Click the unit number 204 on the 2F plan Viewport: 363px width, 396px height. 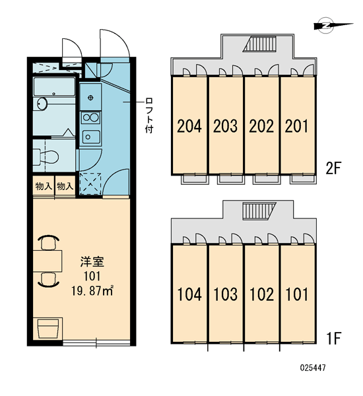[x=189, y=126]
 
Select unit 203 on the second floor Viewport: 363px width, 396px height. [x=225, y=126]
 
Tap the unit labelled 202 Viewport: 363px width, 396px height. [x=261, y=126]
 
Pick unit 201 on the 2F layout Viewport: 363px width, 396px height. [x=296, y=126]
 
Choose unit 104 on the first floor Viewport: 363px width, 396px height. [x=189, y=294]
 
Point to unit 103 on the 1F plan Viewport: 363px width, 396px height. [x=225, y=294]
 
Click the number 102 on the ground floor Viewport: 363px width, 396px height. [x=261, y=294]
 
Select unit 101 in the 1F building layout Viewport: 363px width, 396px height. [x=296, y=294]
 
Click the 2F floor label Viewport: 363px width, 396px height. [x=333, y=168]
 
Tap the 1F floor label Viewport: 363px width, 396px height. [x=334, y=339]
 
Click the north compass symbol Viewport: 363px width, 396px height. [x=329, y=25]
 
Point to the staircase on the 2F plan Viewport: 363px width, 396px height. [x=259, y=44]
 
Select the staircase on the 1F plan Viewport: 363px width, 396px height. [x=259, y=211]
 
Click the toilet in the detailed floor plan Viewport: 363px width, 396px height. [x=46, y=156]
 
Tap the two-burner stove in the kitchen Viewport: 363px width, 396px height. [x=90, y=118]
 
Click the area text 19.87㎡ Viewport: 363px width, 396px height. [x=92, y=291]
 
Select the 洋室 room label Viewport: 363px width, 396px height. [x=92, y=262]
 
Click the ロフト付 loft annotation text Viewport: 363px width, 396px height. [x=149, y=115]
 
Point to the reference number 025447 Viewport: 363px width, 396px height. [x=313, y=368]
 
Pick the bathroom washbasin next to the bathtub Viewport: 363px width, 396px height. [x=42, y=104]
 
